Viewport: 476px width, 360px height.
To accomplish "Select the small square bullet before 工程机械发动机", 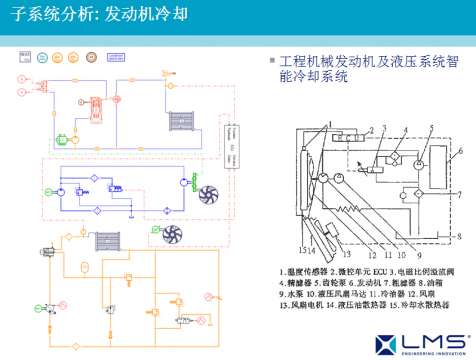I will coord(272,62).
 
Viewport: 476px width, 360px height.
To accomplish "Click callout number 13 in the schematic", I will coord(341,247).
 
